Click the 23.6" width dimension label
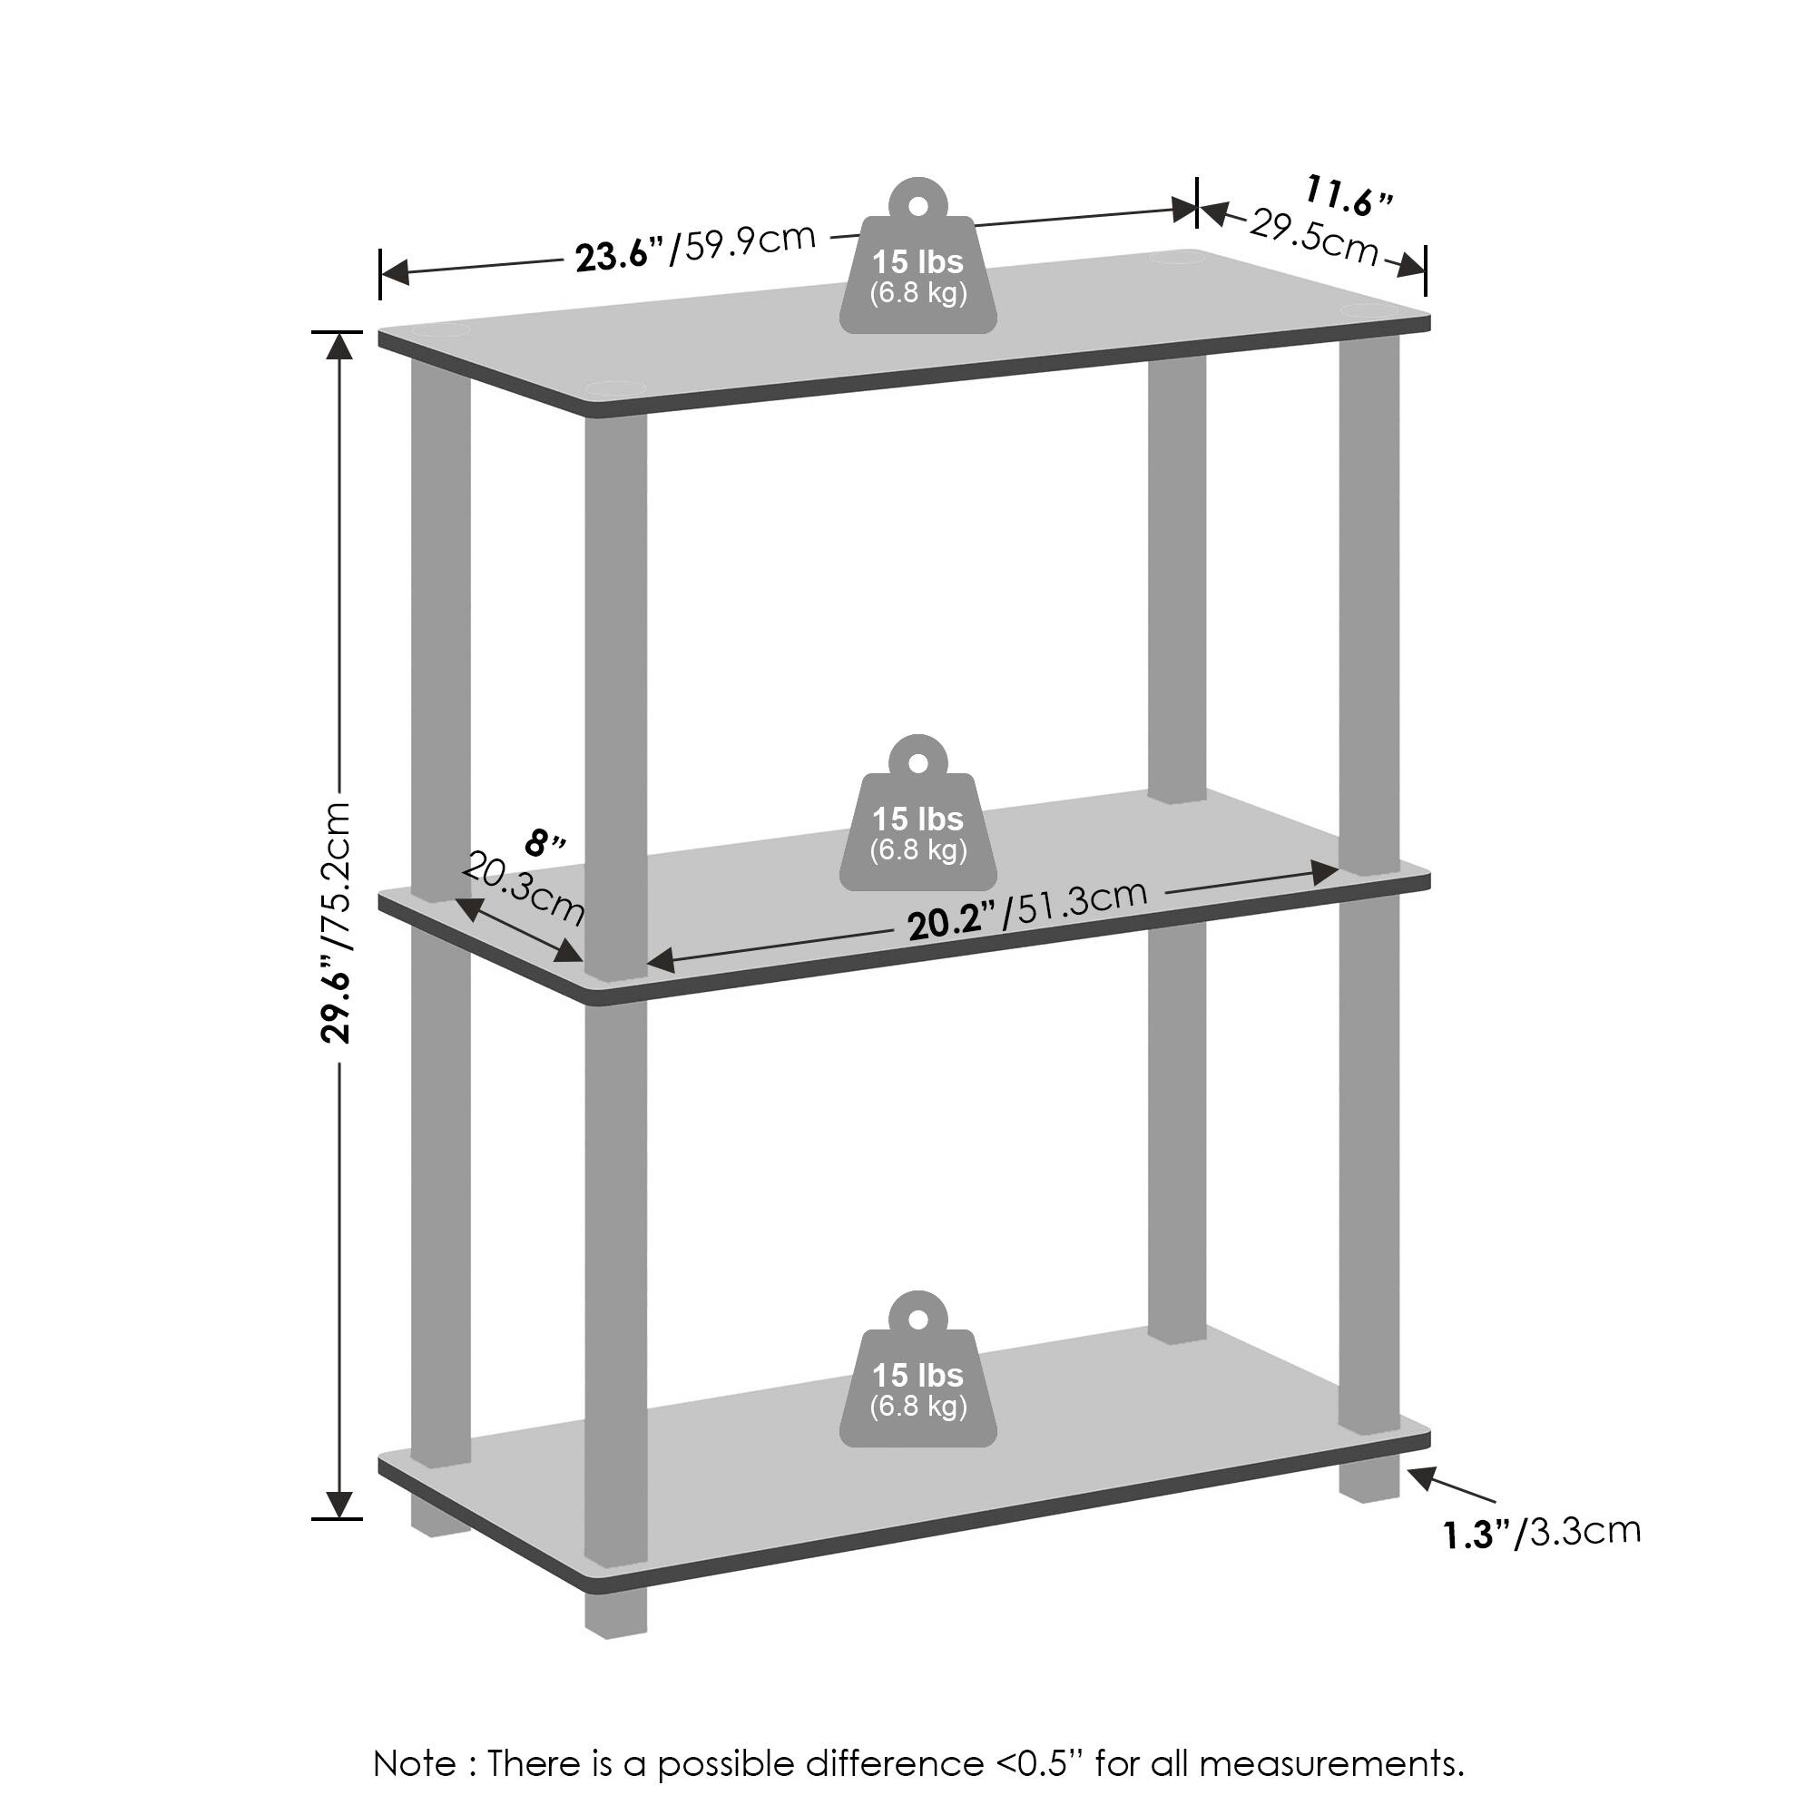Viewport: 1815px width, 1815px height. point(620,254)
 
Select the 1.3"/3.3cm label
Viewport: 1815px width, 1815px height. point(1542,1532)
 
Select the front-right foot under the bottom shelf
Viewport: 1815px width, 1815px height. point(1369,1485)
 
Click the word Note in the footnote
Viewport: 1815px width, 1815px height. point(415,1762)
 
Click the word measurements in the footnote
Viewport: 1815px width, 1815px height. point(1329,1762)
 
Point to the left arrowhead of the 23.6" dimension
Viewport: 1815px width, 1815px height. point(396,273)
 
